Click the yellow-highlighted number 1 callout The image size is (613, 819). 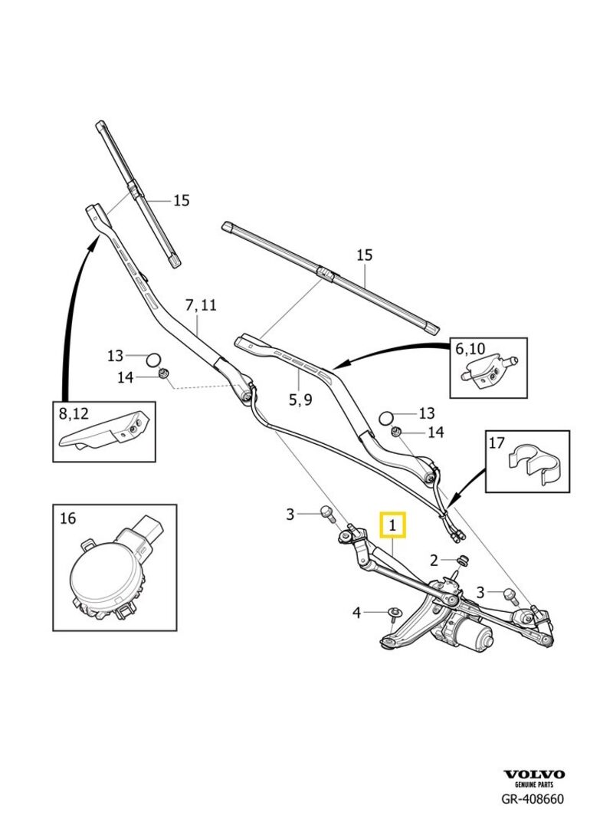coord(393,526)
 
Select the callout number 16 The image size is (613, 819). coord(67,518)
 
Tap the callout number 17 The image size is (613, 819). coord(497,442)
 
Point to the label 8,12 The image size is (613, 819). coord(74,413)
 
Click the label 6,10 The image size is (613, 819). coord(470,349)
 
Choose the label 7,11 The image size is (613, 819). coord(201,305)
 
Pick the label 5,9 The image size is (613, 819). coord(300,399)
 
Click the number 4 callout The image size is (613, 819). coord(356,612)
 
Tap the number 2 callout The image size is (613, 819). coord(434,559)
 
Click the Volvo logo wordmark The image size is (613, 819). coord(533,775)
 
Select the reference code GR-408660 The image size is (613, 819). coord(533,800)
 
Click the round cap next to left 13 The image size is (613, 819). coord(153,357)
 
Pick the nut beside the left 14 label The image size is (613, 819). coord(162,374)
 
